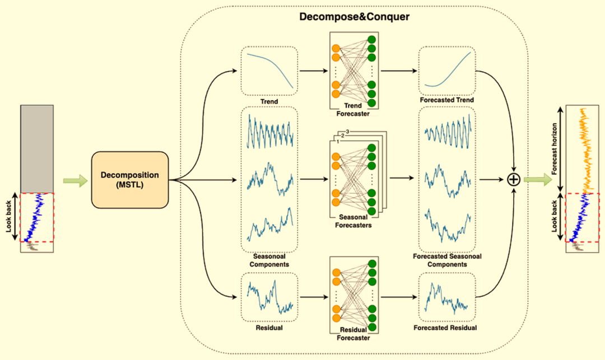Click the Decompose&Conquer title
pos(354,17)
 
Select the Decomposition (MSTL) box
pos(129,180)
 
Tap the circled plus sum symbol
pos(514,179)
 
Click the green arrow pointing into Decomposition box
pos(76,180)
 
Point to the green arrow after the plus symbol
pos(538,179)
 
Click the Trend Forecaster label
pos(353,110)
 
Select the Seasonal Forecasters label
pos(353,221)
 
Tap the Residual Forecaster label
pos(353,334)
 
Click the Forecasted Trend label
pos(447,100)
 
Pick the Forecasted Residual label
pos(445,328)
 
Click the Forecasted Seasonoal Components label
pos(447,260)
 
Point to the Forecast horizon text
pos(555,149)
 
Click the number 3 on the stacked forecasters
pos(348,132)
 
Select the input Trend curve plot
pos(269,71)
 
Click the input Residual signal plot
pos(269,297)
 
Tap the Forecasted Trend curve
pos(448,69)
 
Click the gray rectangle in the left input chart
pos(37,149)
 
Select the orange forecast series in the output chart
pos(586,150)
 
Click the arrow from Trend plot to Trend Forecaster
pos(313,71)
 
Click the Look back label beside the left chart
pos(9,216)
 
